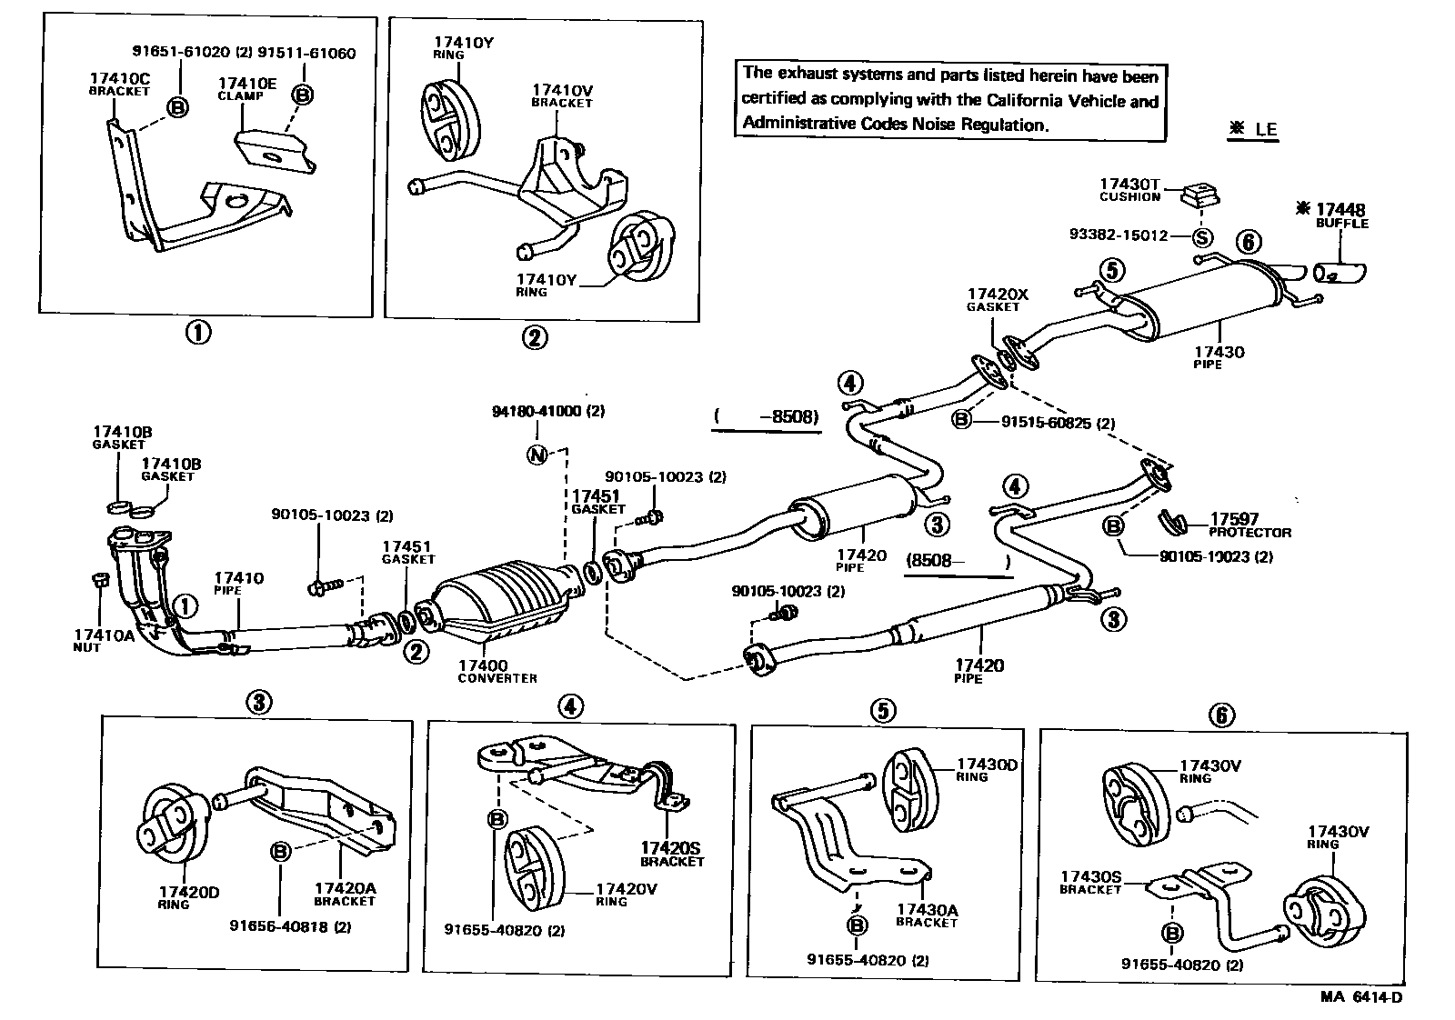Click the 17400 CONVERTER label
coord(497,671)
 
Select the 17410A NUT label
coord(103,640)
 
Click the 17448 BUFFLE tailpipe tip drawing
coord(1340,272)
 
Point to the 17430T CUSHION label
coord(1129,190)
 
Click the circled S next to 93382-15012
coord(1202,236)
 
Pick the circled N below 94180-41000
coord(537,455)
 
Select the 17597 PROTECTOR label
coord(1249,526)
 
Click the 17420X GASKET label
coord(997,299)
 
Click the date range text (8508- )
coord(958,561)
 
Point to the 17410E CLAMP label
coord(246,88)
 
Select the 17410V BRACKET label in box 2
coord(562,95)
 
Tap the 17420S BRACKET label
coord(672,854)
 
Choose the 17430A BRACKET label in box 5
coord(927,915)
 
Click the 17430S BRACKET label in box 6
coord(1090,883)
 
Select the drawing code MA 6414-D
coord(1360,996)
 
